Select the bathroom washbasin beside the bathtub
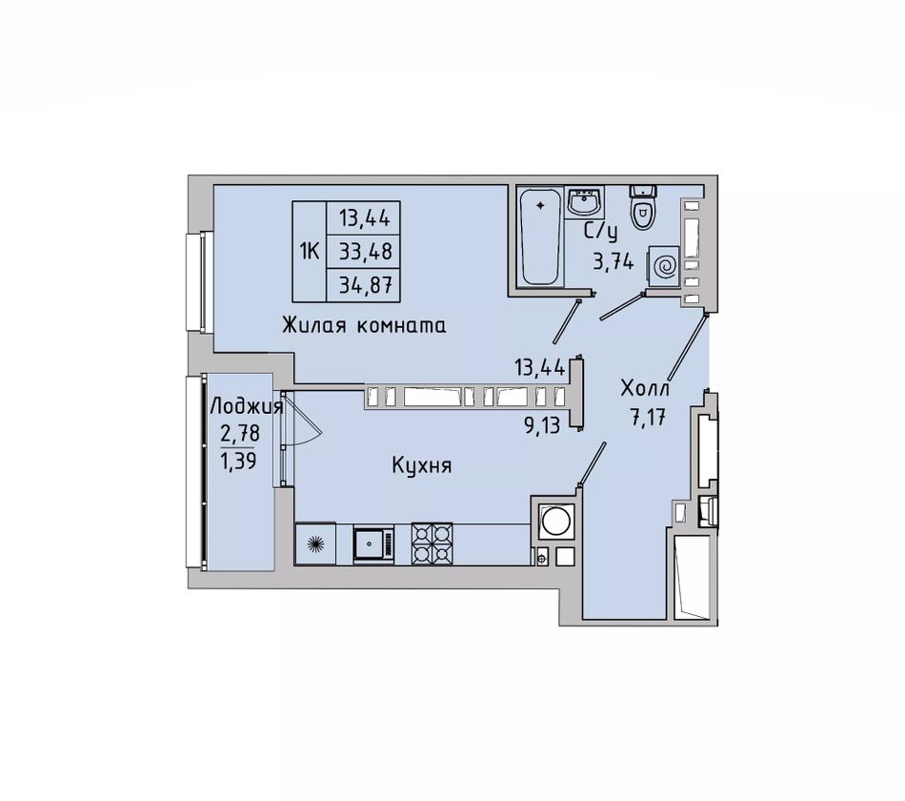[583, 203]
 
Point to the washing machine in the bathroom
[664, 265]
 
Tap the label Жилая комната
[364, 326]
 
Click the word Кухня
[420, 466]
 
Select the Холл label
[645, 389]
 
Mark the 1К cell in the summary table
[310, 251]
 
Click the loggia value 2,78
[240, 434]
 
